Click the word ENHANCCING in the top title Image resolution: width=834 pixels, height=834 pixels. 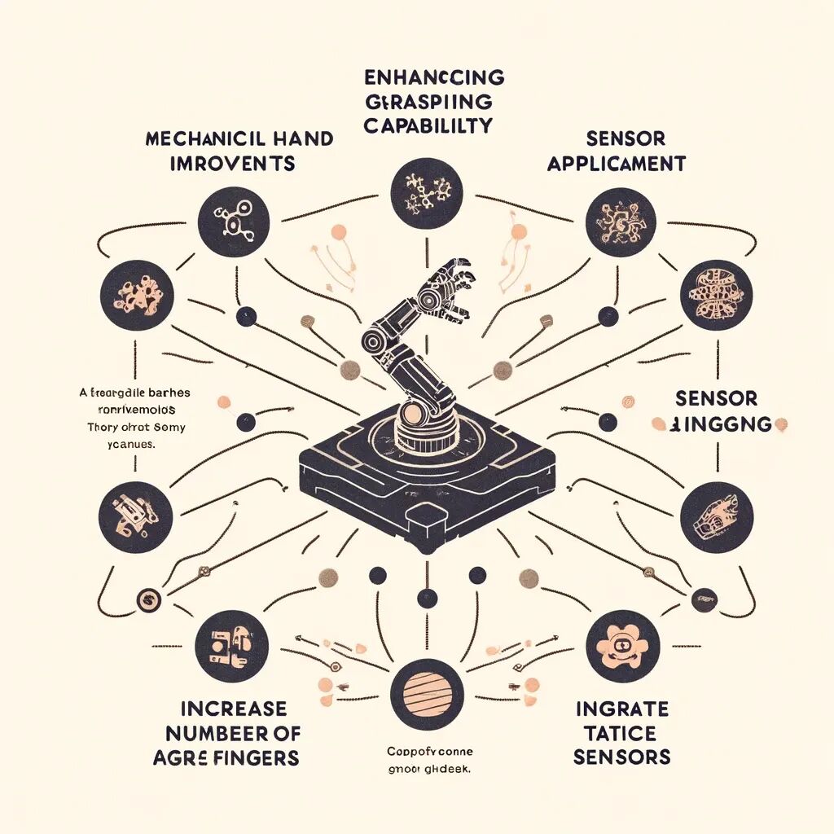click(432, 78)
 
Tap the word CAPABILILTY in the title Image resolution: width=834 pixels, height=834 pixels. click(428, 127)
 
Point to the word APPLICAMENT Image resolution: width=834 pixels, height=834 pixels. click(616, 164)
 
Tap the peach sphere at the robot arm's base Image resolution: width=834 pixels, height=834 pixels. click(414, 415)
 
